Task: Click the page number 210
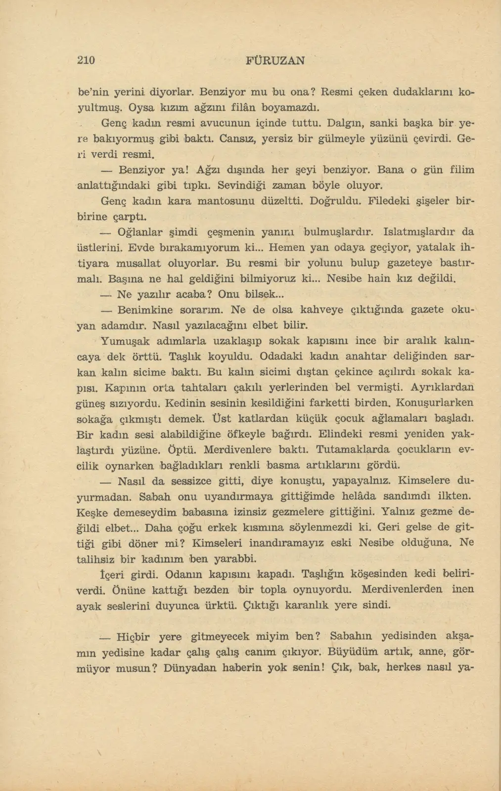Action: coord(86,60)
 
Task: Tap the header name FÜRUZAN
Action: coord(275,60)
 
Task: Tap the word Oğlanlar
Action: coord(141,231)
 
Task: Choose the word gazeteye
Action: coord(409,263)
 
